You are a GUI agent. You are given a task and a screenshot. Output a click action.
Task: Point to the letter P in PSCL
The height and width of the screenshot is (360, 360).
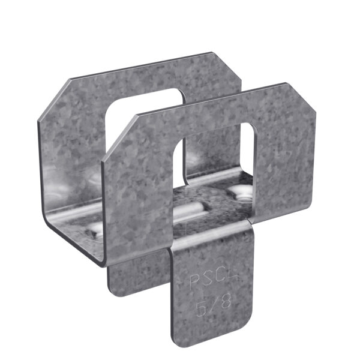click(x=194, y=280)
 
